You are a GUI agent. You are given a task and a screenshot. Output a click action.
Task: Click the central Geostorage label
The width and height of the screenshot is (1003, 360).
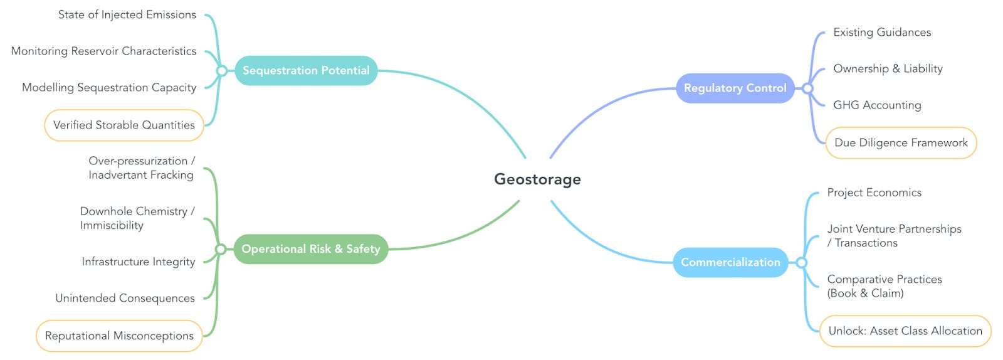point(537,179)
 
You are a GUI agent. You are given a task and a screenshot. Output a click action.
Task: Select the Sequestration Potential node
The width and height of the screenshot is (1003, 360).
point(306,71)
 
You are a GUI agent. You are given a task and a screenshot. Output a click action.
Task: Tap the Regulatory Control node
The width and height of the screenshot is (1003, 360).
point(735,88)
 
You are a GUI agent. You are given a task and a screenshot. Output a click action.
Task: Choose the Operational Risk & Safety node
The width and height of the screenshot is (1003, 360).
point(311,249)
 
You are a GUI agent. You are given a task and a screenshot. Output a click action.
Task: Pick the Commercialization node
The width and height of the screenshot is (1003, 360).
point(730,262)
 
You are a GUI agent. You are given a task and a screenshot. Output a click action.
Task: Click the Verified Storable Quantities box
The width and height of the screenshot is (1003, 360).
point(124,125)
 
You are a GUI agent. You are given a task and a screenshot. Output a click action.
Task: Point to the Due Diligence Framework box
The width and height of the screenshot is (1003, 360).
point(901,143)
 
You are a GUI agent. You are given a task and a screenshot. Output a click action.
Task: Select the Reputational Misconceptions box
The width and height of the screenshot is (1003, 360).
point(119,336)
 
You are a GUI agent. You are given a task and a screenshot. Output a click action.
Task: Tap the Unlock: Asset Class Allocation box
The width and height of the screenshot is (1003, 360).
point(905,331)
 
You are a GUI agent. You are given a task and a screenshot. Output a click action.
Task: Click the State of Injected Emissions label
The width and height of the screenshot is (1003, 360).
point(127,15)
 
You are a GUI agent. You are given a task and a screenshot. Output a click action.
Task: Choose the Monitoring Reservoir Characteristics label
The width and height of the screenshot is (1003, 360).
point(103,51)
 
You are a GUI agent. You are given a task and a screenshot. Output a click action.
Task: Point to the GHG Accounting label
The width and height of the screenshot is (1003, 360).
point(877,105)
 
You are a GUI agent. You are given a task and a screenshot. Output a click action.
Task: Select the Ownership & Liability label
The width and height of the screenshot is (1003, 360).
point(888,69)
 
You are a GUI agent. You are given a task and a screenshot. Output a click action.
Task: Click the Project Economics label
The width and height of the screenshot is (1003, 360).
point(874,193)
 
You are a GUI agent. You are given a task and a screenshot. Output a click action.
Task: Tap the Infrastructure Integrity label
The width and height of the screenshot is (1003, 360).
point(139,262)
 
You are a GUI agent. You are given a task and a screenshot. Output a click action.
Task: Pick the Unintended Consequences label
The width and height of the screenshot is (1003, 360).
point(125,299)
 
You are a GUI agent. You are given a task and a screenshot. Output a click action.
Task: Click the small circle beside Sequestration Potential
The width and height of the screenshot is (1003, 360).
point(221,71)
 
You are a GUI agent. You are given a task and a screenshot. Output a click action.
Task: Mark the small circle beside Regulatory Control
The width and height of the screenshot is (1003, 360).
point(808,88)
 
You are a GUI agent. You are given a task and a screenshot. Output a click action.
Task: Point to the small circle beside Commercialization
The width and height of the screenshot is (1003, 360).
point(801,262)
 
